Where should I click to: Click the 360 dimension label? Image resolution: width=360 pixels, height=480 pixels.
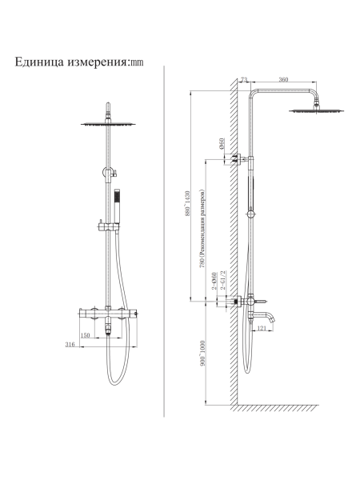point(283,79)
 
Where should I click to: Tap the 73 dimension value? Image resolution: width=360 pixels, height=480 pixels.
point(244,79)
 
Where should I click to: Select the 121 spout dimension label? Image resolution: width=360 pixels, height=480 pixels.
point(262,328)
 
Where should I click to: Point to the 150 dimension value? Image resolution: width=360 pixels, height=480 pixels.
point(85,335)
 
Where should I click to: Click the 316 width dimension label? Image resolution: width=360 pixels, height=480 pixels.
point(70,344)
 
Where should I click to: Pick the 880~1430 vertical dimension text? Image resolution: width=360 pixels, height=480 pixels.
point(187,203)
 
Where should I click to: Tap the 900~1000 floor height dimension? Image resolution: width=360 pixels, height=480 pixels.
point(202,353)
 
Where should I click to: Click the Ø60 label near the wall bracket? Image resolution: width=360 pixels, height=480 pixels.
point(222,143)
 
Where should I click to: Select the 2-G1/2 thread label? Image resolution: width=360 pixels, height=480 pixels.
point(223,280)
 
